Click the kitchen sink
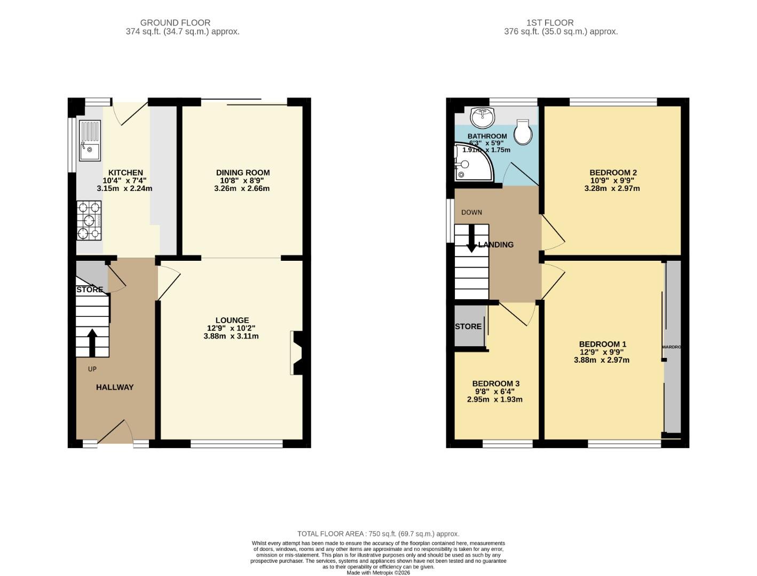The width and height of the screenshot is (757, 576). tap(89, 141)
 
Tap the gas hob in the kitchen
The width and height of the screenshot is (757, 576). tap(89, 220)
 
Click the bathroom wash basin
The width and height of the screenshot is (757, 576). tap(483, 117)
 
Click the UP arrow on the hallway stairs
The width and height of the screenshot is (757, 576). tap(91, 343)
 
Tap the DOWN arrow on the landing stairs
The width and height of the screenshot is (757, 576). tap(471, 238)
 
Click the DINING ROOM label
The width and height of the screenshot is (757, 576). tap(242, 172)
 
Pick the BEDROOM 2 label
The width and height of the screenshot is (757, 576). tap(613, 172)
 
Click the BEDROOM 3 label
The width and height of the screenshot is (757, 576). tap(495, 383)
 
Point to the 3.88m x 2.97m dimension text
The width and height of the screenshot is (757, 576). tap(601, 360)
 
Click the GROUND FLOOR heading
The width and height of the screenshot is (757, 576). tap(175, 22)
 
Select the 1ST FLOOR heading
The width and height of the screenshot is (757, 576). tap(549, 22)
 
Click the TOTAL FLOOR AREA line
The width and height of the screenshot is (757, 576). tap(378, 533)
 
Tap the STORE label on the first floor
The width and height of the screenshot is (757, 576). tap(468, 326)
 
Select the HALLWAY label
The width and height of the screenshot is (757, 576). tap(115, 387)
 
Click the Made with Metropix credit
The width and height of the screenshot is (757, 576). tap(378, 573)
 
